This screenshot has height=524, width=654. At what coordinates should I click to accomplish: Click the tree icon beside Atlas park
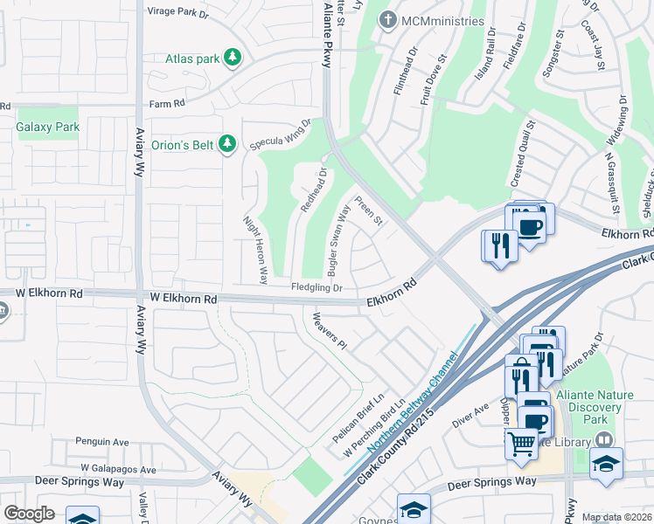[x=232, y=59]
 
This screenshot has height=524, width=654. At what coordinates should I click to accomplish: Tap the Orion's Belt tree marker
[x=227, y=143]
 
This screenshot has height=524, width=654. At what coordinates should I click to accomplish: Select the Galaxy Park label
[x=48, y=127]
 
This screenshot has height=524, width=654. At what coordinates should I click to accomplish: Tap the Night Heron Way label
[x=255, y=250]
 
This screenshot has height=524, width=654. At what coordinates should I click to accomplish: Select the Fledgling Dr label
[x=317, y=287]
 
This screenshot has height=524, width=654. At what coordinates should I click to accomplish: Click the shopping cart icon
[x=521, y=442]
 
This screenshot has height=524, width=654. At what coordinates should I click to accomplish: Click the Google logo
[x=29, y=514]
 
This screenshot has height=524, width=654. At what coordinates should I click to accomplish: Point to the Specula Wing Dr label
[x=282, y=134]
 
